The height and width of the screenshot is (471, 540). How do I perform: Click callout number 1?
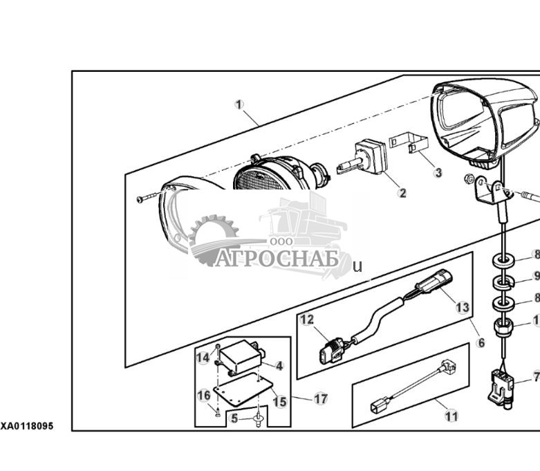pos(239,104)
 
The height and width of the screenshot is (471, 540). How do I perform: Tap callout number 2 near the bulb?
pos(402,193)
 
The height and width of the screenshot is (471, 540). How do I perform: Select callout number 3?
pos(438,172)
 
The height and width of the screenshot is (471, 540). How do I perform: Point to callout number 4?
pos(279,366)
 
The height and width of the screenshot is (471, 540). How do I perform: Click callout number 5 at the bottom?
pos(234,418)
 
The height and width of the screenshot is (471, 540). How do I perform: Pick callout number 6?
pos(481,342)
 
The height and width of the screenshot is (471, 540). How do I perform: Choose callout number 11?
pos(451,416)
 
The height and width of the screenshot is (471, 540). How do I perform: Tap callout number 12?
pos(307,320)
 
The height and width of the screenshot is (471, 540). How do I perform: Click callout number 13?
pos(462,307)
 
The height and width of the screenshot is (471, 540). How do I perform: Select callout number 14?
pos(203,358)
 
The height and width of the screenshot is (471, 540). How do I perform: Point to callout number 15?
pos(279,402)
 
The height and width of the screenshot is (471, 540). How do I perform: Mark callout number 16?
pos(203,395)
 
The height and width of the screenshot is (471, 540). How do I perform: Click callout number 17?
pos(321,399)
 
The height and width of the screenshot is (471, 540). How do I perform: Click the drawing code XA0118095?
pos(27,426)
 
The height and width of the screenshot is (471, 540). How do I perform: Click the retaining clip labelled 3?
pos(409,144)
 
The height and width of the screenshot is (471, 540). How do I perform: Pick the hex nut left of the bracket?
pos(469,178)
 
